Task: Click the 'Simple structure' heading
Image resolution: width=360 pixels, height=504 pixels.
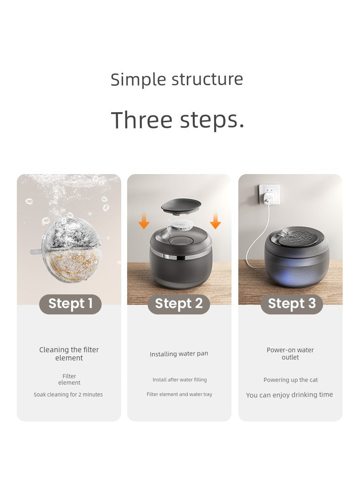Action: click(177, 79)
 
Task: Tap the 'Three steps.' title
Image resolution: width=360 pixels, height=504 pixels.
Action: click(177, 119)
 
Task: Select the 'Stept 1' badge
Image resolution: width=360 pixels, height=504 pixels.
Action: click(70, 304)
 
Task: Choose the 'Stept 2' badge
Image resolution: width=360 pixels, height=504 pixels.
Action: click(179, 304)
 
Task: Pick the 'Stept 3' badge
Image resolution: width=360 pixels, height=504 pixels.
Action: click(292, 304)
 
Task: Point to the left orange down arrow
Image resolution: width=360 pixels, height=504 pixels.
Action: click(144, 221)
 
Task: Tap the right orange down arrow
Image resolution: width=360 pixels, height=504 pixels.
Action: click(216, 221)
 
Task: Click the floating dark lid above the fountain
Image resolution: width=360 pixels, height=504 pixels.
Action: click(181, 206)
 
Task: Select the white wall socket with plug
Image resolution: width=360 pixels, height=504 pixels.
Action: click(269, 195)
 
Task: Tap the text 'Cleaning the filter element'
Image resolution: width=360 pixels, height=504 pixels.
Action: click(69, 354)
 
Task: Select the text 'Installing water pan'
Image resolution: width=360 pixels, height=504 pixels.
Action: click(179, 354)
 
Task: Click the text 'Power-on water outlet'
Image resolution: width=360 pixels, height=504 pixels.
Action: click(290, 354)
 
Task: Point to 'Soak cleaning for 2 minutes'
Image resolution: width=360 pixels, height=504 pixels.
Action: click(68, 394)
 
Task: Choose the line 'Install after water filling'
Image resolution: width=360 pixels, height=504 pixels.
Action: click(180, 380)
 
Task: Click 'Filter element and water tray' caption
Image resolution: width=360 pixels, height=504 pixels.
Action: click(180, 394)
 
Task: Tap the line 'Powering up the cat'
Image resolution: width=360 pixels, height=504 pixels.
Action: click(291, 380)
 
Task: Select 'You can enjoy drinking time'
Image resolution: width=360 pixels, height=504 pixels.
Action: click(289, 395)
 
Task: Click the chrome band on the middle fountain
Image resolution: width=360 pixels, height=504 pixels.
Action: click(180, 256)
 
